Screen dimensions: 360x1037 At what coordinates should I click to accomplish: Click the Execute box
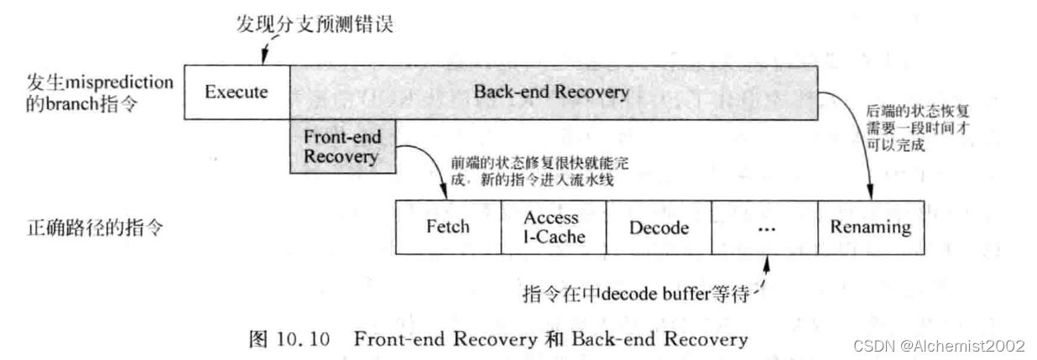click(x=236, y=92)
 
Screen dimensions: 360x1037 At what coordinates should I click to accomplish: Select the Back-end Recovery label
click(x=550, y=92)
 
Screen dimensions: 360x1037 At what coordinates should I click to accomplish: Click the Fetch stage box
click(x=447, y=227)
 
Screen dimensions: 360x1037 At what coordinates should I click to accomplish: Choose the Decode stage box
click(x=659, y=227)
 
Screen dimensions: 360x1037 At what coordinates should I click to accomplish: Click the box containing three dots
click(x=764, y=227)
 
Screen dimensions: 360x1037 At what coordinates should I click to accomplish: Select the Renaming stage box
click(x=870, y=227)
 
